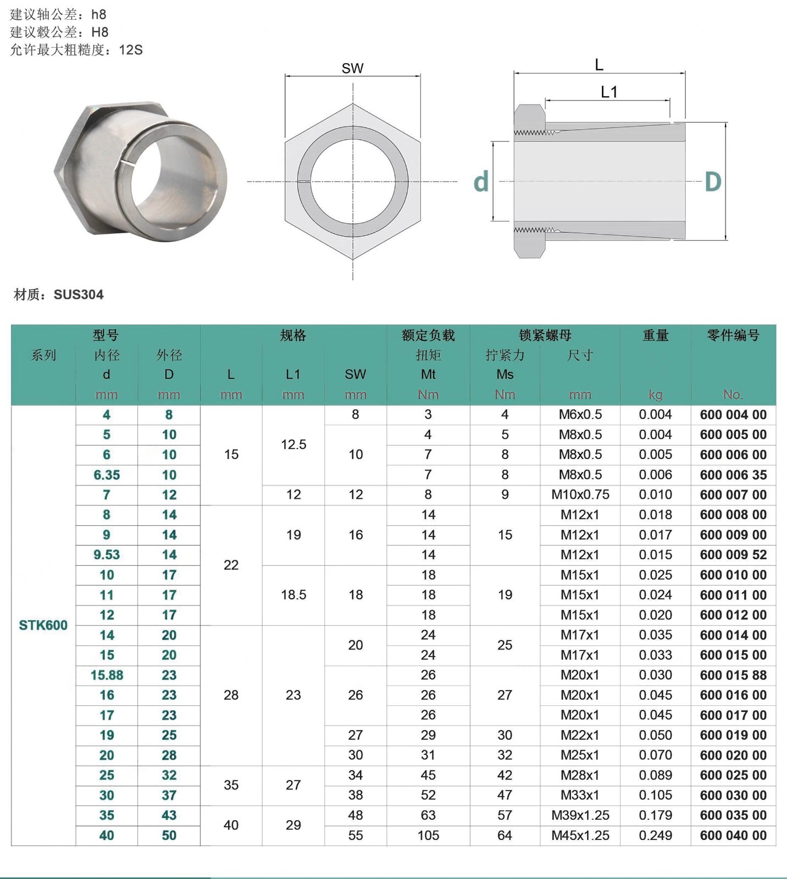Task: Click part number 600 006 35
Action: point(733,475)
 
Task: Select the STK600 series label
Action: point(43,625)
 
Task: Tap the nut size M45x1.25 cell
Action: point(580,836)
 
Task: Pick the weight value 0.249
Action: point(655,836)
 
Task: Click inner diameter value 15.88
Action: point(107,675)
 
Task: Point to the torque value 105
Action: point(428,836)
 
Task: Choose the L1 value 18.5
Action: point(293,595)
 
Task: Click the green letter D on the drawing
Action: point(713,182)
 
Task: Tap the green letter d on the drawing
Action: point(481,182)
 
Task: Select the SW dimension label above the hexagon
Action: point(352,69)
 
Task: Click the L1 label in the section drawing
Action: point(609,92)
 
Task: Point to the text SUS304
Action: point(79,295)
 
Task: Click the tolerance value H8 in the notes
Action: point(100,32)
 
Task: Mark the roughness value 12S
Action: point(131,50)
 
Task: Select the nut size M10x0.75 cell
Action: point(580,495)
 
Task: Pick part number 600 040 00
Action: point(733,836)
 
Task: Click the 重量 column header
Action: point(655,335)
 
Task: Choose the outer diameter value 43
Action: point(169,816)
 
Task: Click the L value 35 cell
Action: point(231,785)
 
